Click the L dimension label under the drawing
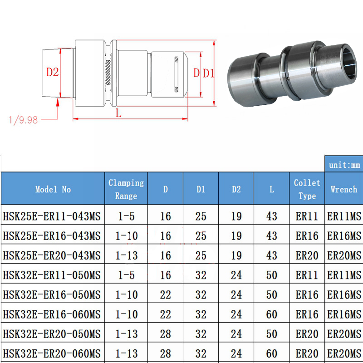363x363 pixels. (x=118, y=114)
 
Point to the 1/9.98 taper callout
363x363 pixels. (x=23, y=120)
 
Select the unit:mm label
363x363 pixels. (x=343, y=165)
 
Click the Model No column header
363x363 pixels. (x=53, y=189)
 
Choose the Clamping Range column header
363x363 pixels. (x=126, y=189)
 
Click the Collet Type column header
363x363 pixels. (x=307, y=189)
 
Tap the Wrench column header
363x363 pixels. (x=343, y=189)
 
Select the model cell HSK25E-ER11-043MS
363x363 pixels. (x=52, y=216)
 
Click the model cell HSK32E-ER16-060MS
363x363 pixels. (x=52, y=314)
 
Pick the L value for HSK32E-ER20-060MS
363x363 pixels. (x=271, y=353)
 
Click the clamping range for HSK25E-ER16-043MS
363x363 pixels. (x=126, y=236)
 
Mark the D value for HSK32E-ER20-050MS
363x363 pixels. (x=165, y=334)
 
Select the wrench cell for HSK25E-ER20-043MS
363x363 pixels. (x=344, y=255)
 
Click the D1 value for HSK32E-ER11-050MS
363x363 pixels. (x=201, y=275)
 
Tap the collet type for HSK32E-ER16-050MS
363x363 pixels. (x=307, y=295)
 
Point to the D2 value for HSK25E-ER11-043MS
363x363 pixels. (x=236, y=216)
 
